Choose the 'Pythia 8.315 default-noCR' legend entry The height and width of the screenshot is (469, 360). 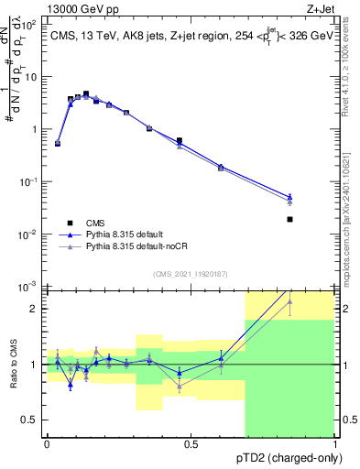tap(137, 247)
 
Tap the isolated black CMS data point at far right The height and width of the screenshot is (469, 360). tap(289, 219)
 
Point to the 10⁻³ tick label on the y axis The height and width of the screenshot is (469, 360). tap(28, 288)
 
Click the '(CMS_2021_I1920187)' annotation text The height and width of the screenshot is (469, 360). tap(191, 274)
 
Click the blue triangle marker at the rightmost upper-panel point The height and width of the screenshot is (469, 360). tap(289, 196)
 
